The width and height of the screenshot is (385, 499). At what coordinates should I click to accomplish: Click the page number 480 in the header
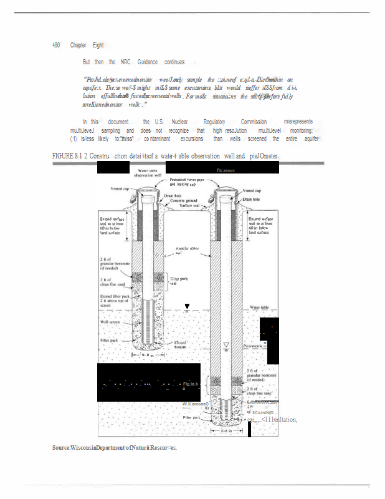[x=56, y=46]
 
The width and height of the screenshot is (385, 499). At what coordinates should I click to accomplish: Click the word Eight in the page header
[x=98, y=46]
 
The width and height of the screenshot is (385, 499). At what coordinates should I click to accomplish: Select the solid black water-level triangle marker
[x=188, y=306]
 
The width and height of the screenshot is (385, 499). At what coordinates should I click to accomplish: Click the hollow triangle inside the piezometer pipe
[x=226, y=345]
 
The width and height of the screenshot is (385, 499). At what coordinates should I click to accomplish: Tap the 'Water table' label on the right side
[x=264, y=308]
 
